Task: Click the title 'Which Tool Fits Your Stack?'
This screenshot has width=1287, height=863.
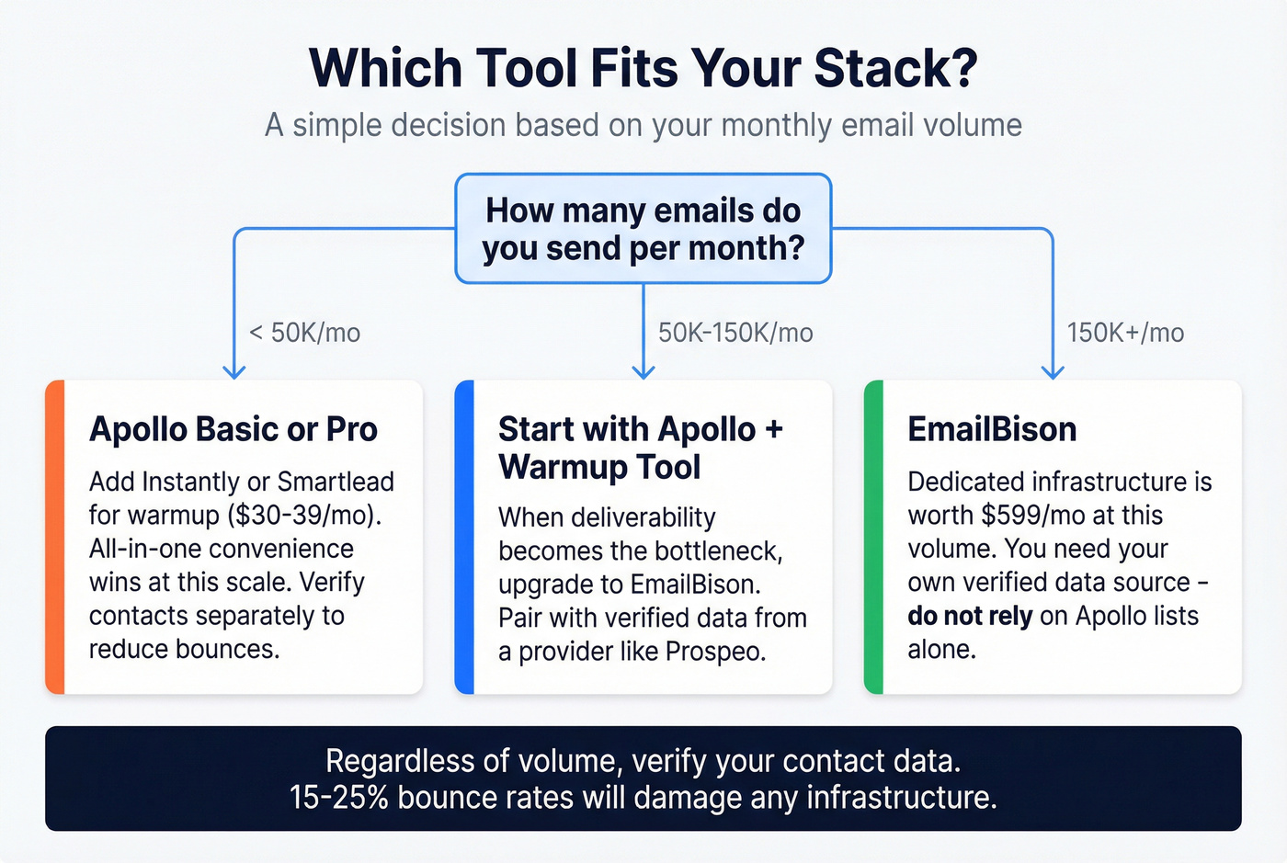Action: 643,69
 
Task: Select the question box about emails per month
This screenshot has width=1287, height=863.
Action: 643,229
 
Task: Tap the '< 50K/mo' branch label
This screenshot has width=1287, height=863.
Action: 305,333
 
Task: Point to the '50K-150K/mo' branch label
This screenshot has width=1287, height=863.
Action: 735,333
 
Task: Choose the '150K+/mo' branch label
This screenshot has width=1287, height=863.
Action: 1125,333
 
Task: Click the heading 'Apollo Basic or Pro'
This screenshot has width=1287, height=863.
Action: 233,429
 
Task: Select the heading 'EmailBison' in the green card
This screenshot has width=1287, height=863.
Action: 992,429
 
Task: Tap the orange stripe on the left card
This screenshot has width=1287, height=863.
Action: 55,537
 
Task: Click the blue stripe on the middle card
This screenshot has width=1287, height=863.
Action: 465,537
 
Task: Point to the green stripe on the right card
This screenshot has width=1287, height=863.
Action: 874,537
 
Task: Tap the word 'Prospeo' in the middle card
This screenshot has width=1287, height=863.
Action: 714,652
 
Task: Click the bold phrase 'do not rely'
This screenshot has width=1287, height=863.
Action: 970,616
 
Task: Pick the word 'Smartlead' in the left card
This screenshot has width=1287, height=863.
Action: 336,482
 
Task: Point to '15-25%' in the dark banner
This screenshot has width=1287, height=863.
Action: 338,797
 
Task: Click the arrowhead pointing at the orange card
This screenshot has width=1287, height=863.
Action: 234,372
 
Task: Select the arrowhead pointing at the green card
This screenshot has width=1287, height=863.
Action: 1053,372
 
